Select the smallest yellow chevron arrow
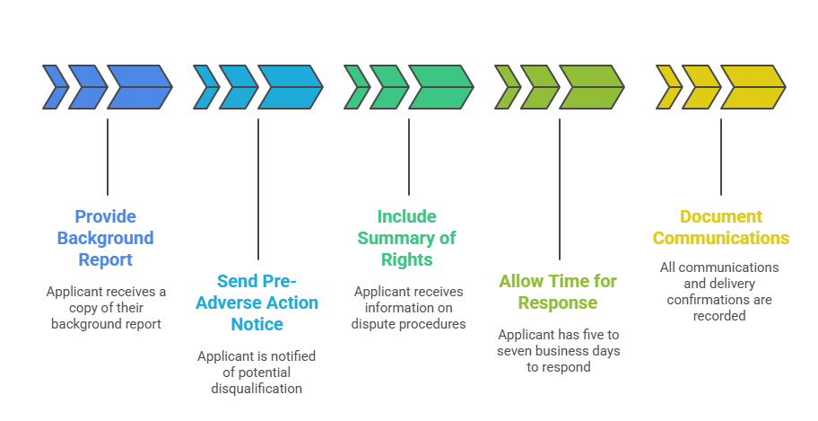coord(667,87)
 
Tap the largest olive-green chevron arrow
coord(590,87)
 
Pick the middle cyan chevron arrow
coord(237,87)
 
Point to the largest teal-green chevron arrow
coord(440,87)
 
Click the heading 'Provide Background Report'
coord(105,238)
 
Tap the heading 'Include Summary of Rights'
coord(407,238)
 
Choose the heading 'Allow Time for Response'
coord(558,292)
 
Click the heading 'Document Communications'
coord(720,227)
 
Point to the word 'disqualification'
coord(257,388)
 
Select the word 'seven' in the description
coord(515,350)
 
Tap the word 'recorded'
coord(719,315)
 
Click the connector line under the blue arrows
coord(108,157)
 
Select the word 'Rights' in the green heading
coord(407,260)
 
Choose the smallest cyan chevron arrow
coord(205,87)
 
